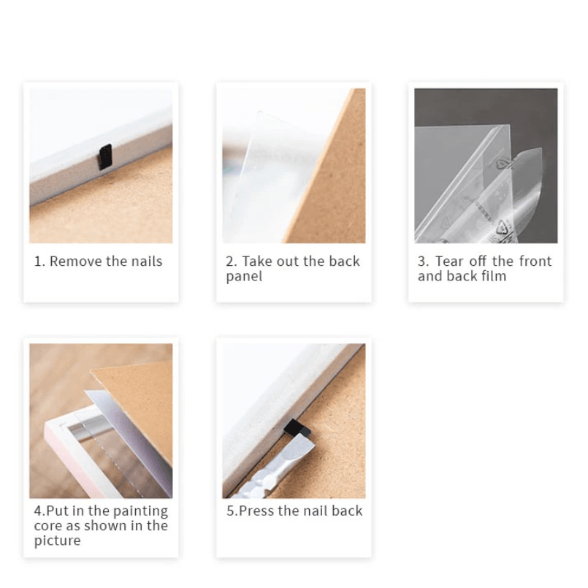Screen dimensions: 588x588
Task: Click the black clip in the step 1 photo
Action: pyautogui.click(x=105, y=157)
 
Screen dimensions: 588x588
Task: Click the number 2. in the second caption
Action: pyautogui.click(x=231, y=261)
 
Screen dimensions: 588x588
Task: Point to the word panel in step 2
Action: pyautogui.click(x=244, y=277)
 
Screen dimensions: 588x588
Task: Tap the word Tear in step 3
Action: pyautogui.click(x=449, y=261)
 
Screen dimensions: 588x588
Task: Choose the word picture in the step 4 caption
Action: pyautogui.click(x=57, y=541)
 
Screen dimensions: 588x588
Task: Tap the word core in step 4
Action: pyautogui.click(x=48, y=526)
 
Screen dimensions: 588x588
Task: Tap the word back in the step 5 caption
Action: pyautogui.click(x=347, y=511)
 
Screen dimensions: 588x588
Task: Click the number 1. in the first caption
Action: pyautogui.click(x=39, y=261)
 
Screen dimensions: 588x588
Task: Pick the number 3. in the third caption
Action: pyautogui.click(x=423, y=261)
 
